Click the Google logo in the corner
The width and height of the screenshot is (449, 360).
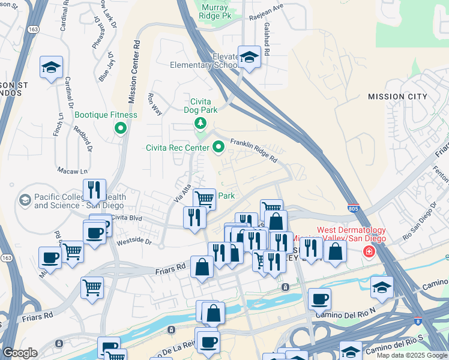pos(20,353)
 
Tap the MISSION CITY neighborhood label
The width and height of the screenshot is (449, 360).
pos(397,97)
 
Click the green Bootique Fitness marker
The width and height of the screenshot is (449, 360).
pos(121,127)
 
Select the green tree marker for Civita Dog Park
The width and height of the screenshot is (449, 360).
pos(200,124)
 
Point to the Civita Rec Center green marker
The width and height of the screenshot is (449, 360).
pos(218,146)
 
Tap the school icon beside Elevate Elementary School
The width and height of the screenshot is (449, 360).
pos(249,58)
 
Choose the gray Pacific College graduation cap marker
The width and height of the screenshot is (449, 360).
pos(25,199)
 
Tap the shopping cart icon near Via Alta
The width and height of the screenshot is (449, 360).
pos(205,198)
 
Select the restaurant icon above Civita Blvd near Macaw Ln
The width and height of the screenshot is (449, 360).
pos(94,190)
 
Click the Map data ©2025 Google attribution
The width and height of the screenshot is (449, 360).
pos(411,355)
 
